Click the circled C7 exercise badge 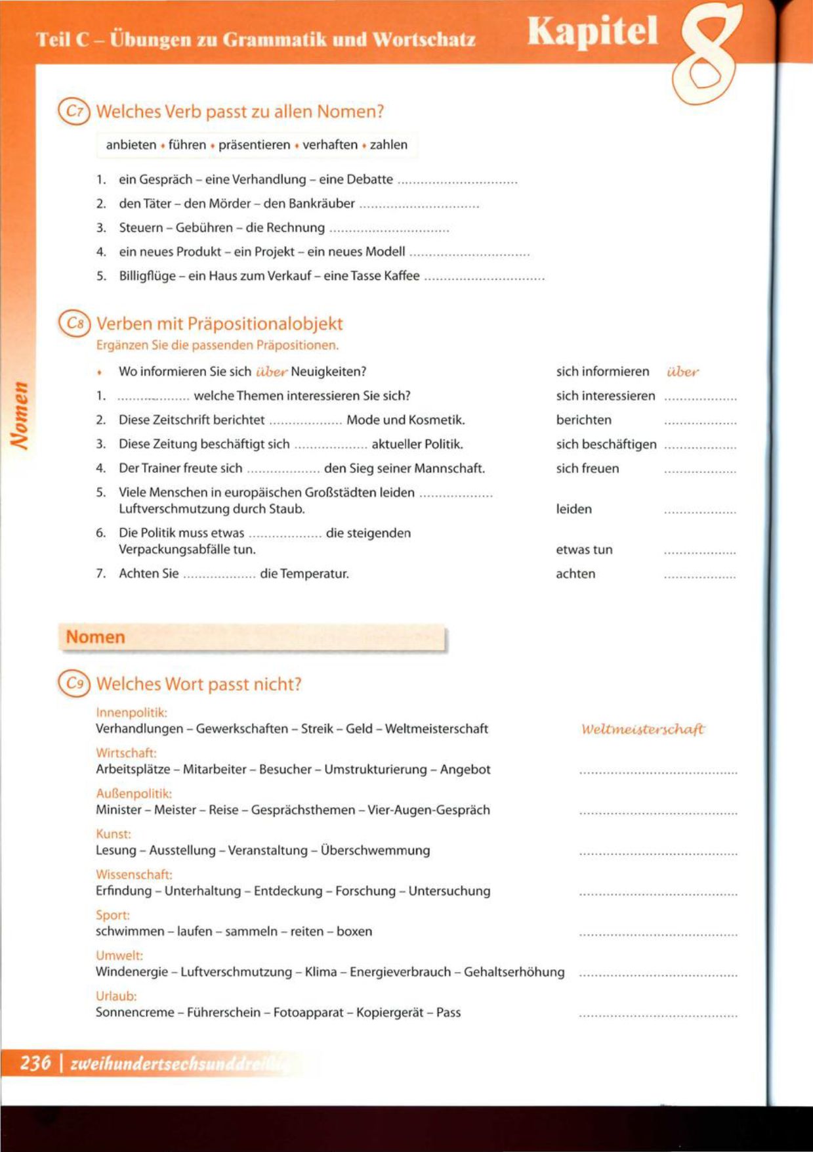[73, 112]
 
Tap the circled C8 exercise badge [73, 324]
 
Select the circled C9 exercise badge [73, 684]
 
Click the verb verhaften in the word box [330, 145]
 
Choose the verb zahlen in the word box [388, 145]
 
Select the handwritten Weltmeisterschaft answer [642, 729]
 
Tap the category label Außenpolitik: [134, 793]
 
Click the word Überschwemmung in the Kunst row [375, 851]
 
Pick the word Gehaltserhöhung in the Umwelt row [514, 972]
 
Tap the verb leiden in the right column [573, 509]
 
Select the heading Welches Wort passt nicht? [199, 684]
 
